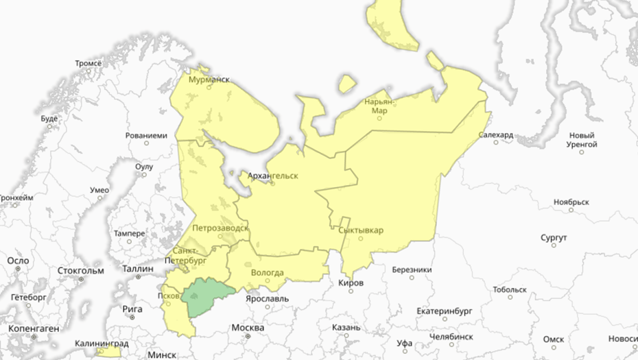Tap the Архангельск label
(272, 176)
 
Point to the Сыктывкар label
(361, 230)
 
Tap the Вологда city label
(268, 273)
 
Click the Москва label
(247, 328)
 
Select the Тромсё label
(88, 63)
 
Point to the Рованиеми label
(146, 135)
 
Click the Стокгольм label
(80, 270)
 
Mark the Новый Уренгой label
(582, 140)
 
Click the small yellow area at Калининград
(108, 352)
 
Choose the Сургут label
(554, 237)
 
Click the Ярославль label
(268, 299)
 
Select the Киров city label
(351, 283)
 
